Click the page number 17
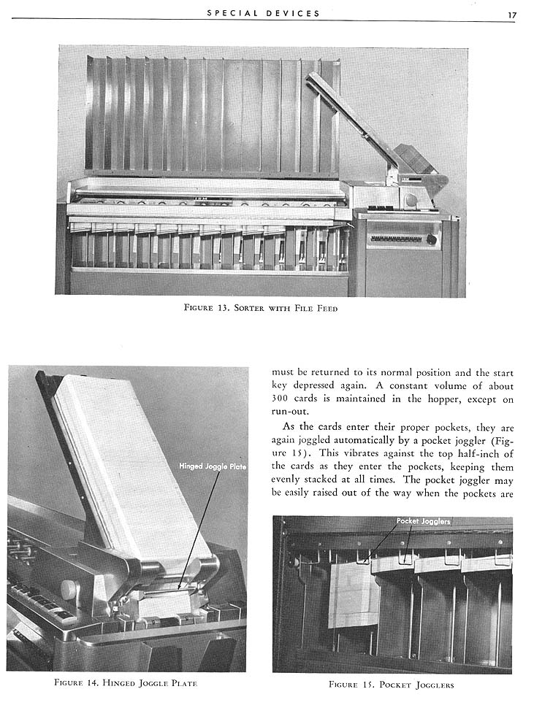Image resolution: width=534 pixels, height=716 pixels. [x=512, y=14]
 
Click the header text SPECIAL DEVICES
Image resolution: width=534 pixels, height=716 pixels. [x=264, y=13]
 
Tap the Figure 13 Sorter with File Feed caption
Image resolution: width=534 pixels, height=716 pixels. [x=261, y=307]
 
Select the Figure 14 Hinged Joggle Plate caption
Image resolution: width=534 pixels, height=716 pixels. [x=126, y=683]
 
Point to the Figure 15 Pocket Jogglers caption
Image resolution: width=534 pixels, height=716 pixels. [x=392, y=684]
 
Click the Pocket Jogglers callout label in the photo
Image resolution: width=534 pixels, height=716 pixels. [x=424, y=521]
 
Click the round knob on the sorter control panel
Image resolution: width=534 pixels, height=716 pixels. [x=431, y=239]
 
